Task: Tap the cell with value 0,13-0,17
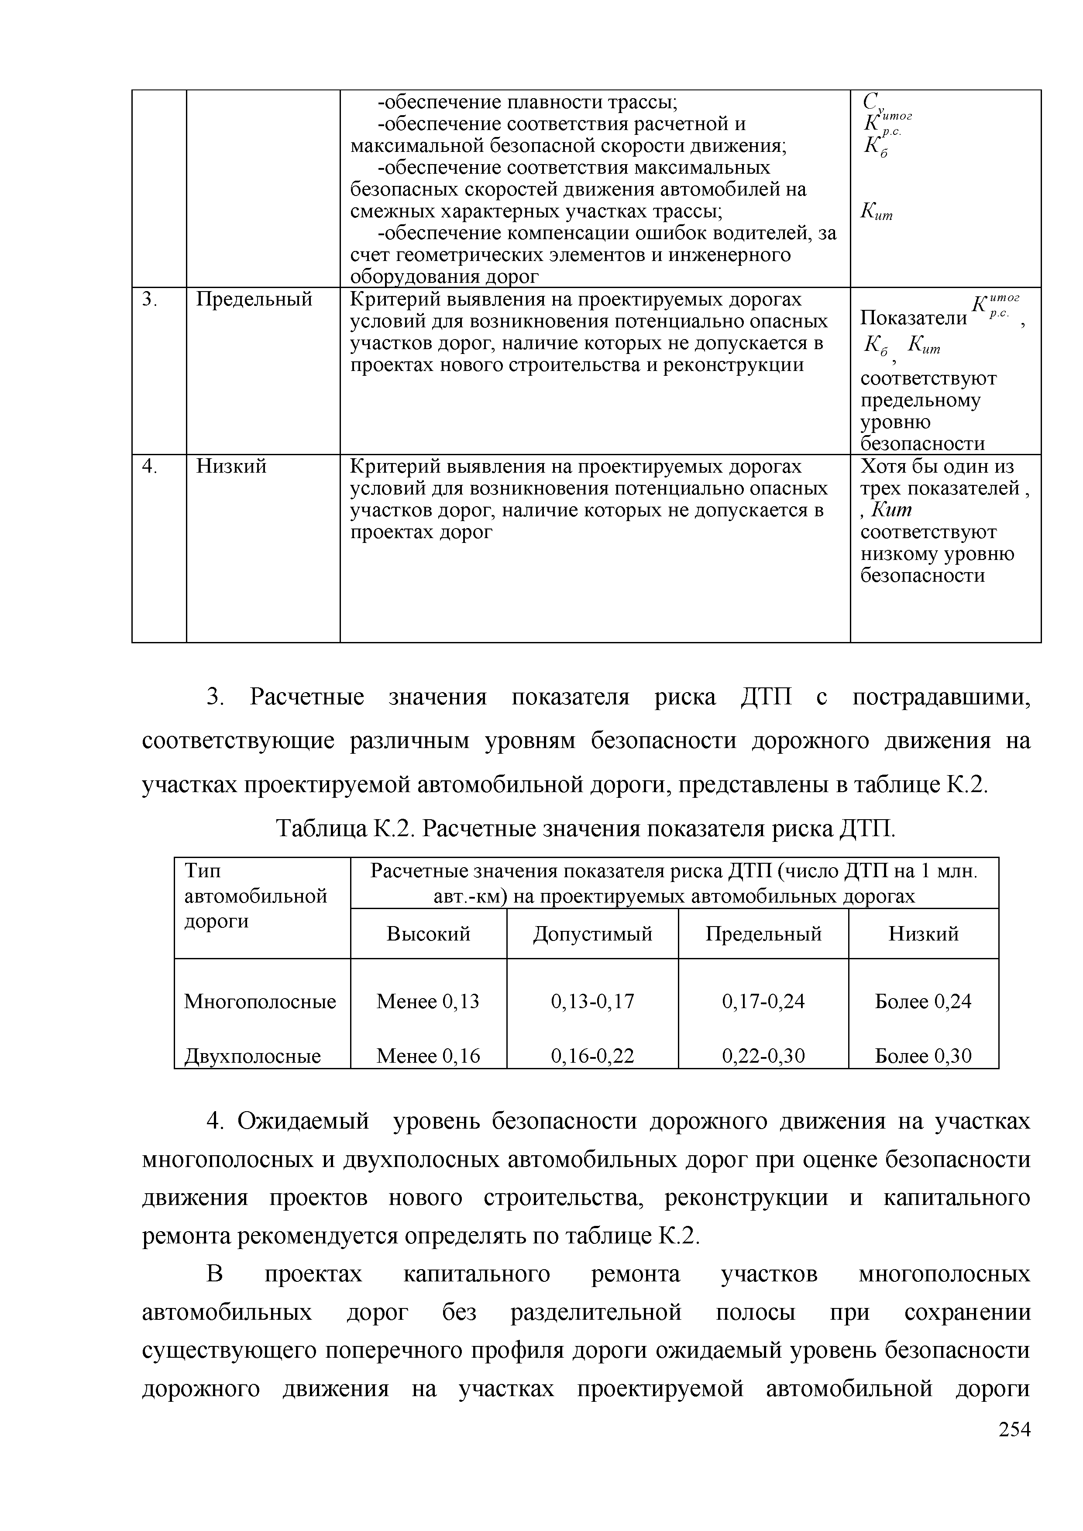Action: click(x=592, y=1001)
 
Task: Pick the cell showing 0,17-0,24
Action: click(x=763, y=1001)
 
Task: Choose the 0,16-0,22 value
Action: click(x=592, y=1056)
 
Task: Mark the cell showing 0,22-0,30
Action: click(x=763, y=1056)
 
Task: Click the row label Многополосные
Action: click(x=260, y=1001)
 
